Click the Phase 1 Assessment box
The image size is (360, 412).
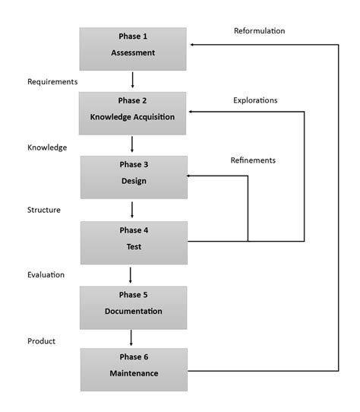[133, 49]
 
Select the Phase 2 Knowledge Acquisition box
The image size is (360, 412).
[133, 113]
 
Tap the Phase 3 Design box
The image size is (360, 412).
[133, 177]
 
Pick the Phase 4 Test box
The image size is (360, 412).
[133, 242]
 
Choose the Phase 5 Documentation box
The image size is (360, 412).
[133, 306]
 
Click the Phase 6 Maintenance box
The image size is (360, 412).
[133, 369]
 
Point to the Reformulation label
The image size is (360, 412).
[259, 31]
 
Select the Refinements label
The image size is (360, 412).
[253, 160]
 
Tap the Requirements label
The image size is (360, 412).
[52, 80]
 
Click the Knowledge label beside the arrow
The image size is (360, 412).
[47, 147]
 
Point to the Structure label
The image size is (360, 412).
[44, 209]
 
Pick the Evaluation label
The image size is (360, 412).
[46, 274]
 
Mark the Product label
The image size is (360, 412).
[41, 341]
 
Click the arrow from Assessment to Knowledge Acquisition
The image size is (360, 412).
[133, 80]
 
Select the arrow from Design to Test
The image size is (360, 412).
[133, 210]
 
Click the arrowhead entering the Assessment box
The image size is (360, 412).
[192, 45]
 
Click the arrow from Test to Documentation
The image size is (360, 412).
[133, 274]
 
